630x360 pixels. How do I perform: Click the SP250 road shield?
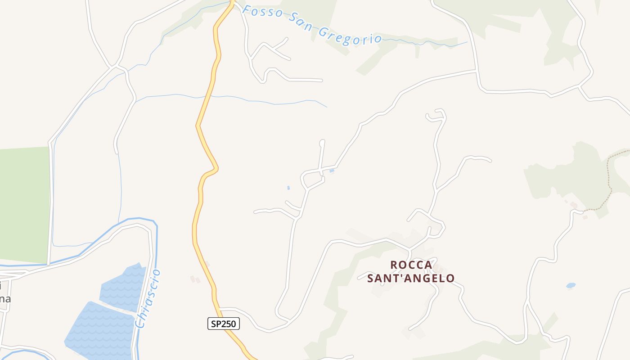coord(224,324)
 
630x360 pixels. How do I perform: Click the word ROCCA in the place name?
coord(411,265)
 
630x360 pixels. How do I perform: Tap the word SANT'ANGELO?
coord(411,279)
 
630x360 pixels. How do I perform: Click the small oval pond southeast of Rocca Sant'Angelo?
coord(571,285)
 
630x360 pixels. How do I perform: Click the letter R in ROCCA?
coord(394,265)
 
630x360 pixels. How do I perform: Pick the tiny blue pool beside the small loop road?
coord(332,171)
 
